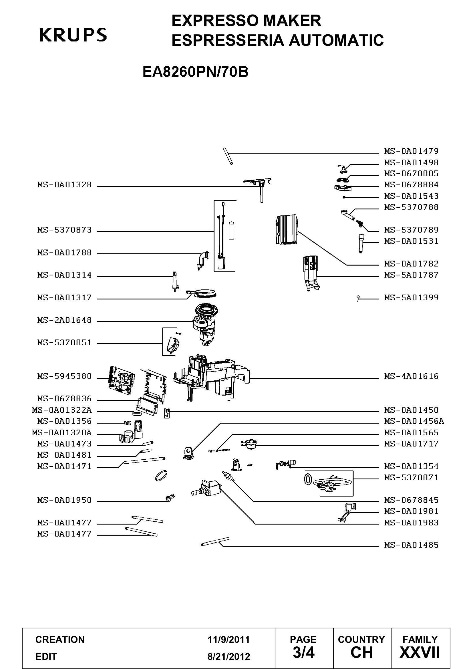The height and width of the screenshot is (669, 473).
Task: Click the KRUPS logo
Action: tap(73, 35)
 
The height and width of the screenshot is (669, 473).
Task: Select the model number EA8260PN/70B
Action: tap(195, 72)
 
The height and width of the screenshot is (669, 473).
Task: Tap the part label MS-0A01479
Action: tap(411, 151)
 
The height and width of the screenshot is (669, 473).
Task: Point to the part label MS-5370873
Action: tap(64, 230)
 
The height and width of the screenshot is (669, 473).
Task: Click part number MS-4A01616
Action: tap(411, 376)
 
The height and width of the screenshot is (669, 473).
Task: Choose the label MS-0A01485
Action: tap(411, 545)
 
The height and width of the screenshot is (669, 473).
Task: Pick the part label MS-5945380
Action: tap(64, 376)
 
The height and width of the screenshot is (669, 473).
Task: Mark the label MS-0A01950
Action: tap(64, 500)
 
